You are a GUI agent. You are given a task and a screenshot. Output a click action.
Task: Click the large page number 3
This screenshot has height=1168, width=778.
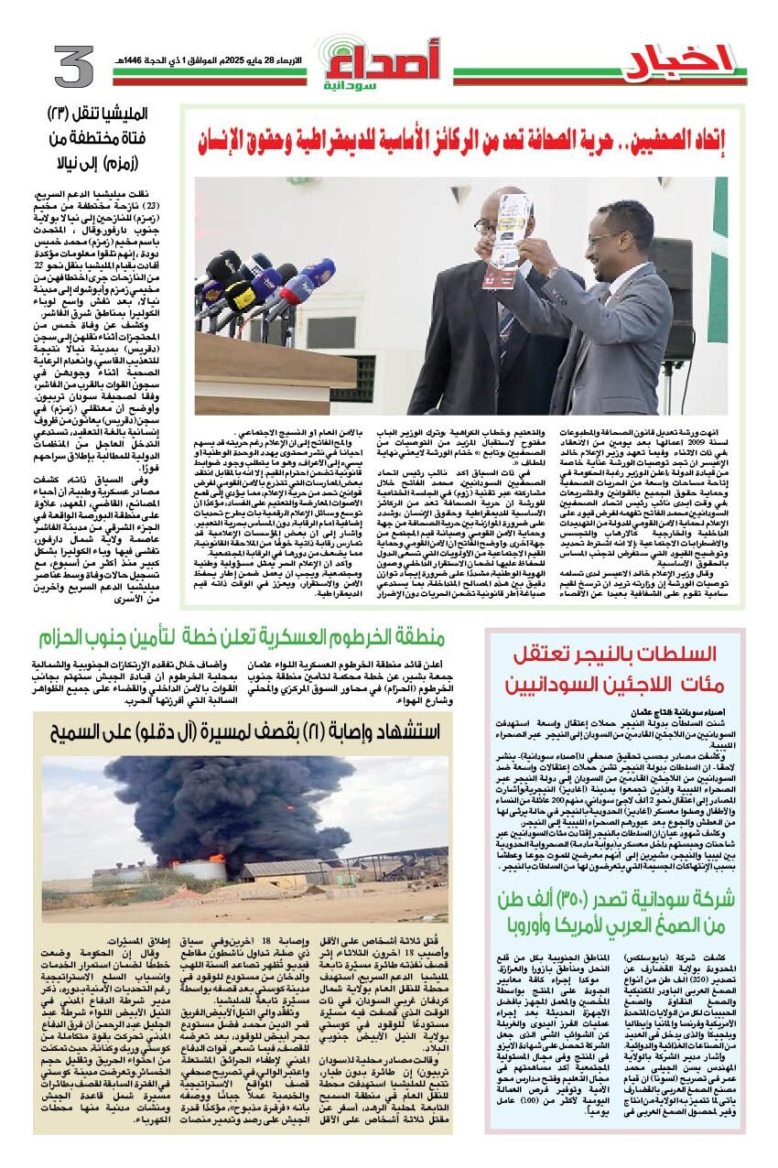pos(68,67)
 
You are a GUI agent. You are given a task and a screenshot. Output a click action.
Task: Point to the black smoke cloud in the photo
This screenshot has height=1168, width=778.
pos(211,806)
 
